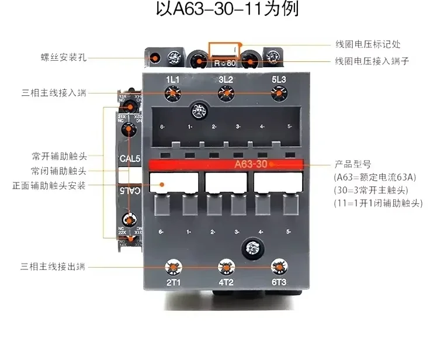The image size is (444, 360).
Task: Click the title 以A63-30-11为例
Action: (x=223, y=11)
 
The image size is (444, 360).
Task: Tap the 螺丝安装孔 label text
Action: (x=60, y=58)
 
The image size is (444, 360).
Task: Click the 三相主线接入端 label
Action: (x=53, y=92)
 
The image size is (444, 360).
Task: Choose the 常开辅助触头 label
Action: (x=59, y=157)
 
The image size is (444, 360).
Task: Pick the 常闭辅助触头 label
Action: (x=59, y=171)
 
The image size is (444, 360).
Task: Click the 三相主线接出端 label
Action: (x=53, y=267)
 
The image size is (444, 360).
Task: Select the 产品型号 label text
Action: (x=353, y=164)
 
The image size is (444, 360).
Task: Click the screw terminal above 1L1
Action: (x=172, y=93)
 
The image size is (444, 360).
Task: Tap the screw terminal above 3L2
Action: (x=226, y=93)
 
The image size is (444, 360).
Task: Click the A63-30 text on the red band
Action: (x=252, y=164)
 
